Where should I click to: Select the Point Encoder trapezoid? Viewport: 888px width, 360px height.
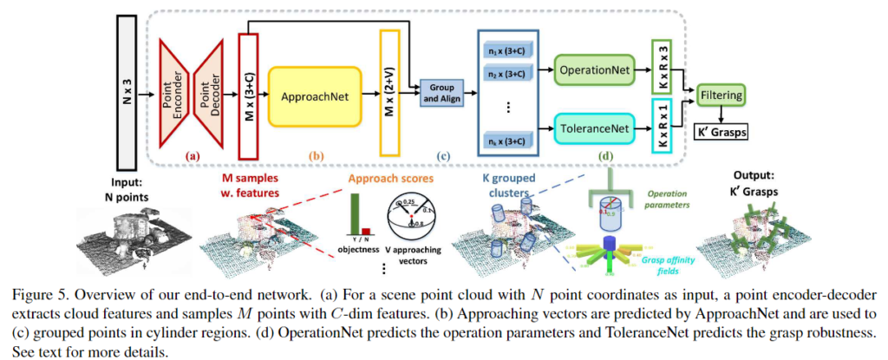[x=176, y=88]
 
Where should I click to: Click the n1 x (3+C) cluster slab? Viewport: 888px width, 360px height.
[x=507, y=56]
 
